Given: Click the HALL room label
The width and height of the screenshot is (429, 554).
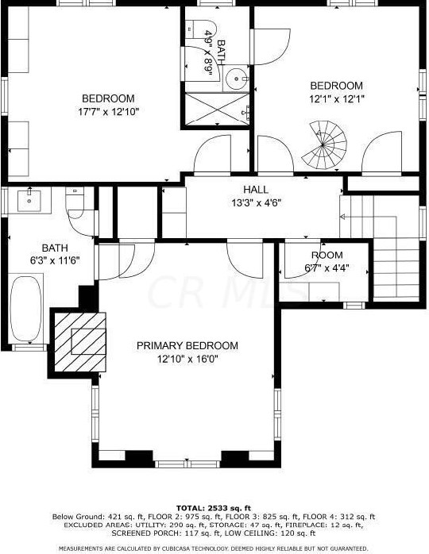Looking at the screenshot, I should [x=256, y=190].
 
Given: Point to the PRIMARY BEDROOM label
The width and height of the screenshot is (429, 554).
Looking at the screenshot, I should [x=187, y=346].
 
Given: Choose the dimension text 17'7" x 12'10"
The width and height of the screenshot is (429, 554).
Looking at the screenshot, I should [x=110, y=112].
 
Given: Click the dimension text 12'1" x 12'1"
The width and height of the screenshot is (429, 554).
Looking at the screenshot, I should [x=336, y=99].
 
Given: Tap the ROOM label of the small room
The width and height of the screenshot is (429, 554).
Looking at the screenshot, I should [x=327, y=256].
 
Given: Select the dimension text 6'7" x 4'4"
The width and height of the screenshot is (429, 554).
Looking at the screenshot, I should [x=327, y=268].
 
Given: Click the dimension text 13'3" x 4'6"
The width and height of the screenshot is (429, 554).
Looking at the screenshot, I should [x=256, y=202].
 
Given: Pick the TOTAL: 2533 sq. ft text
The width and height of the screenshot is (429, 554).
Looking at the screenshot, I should [x=213, y=507].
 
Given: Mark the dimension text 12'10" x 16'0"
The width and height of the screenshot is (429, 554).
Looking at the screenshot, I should [x=187, y=360].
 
